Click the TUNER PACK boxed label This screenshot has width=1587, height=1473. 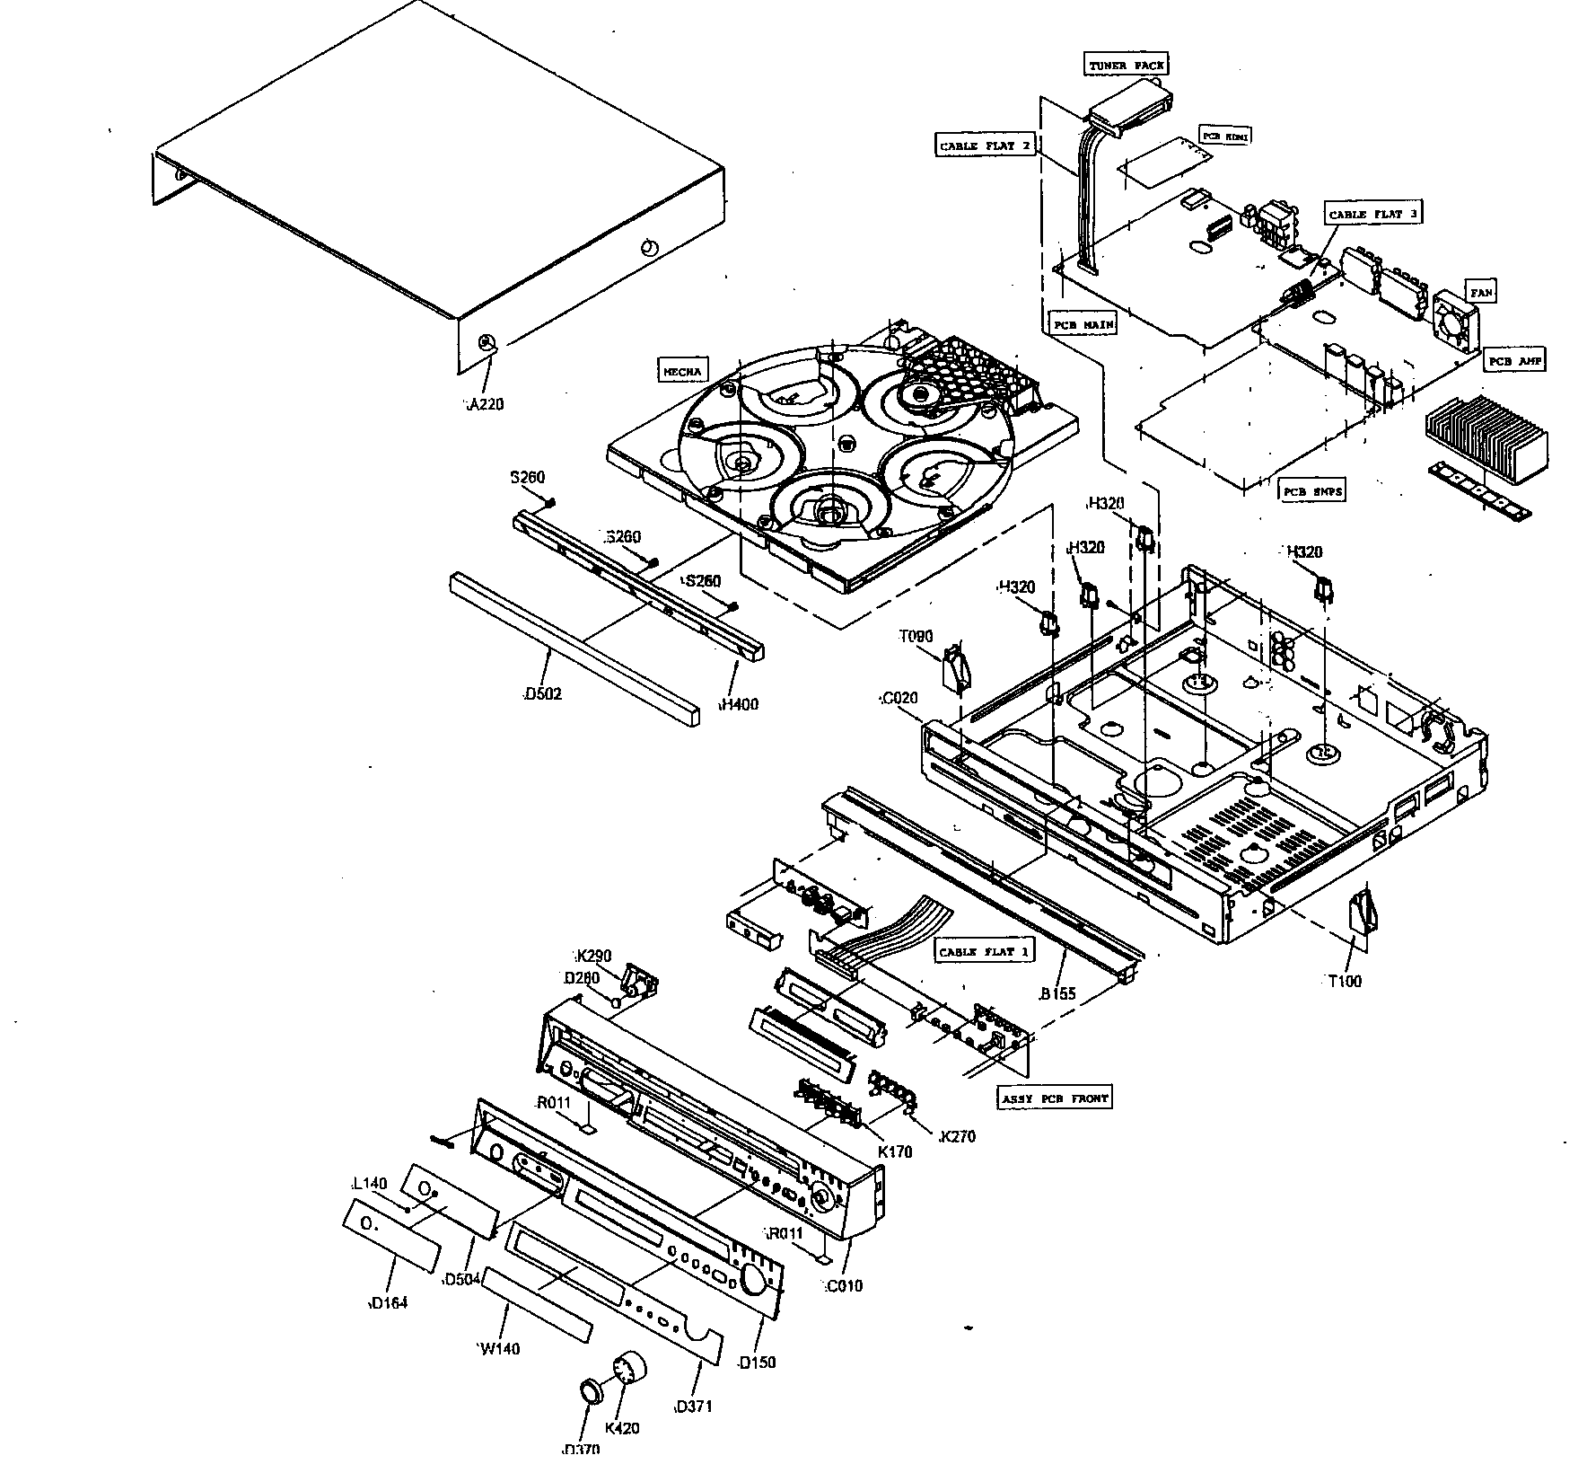[1127, 66]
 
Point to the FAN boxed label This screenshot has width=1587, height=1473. [1481, 293]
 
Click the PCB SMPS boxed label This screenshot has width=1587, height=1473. [1311, 491]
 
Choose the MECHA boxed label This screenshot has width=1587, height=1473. [683, 370]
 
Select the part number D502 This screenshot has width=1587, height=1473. [543, 693]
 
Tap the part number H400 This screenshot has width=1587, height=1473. [739, 704]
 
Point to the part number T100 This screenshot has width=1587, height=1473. [1345, 981]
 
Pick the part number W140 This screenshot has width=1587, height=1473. [498, 1348]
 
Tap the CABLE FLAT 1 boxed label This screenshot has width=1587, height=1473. [984, 951]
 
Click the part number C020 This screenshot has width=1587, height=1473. [898, 698]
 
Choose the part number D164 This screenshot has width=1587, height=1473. [389, 1302]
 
